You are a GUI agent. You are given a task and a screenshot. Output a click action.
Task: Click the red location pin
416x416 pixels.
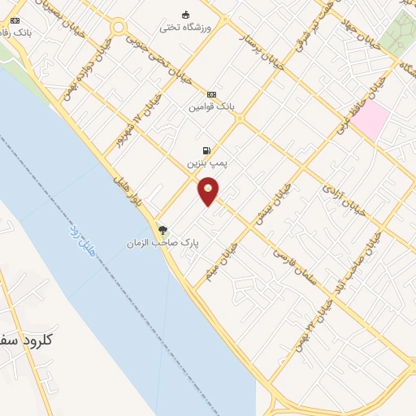tap(209, 190)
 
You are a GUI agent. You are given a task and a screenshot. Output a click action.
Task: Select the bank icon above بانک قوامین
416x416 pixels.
tap(211, 94)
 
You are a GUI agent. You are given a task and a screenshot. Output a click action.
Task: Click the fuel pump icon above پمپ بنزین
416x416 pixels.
tap(207, 150)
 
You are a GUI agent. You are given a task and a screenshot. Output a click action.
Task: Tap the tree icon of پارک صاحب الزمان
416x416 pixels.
tap(162, 230)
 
